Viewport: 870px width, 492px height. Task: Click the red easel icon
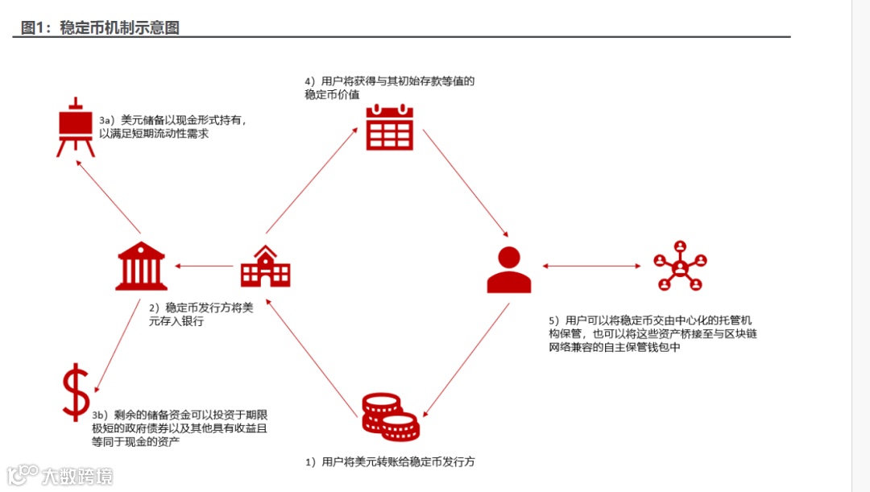[75, 127]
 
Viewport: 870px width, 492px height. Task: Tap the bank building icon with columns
[141, 266]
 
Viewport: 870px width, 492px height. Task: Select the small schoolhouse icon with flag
[265, 266]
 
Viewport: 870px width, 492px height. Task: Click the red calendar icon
[389, 128]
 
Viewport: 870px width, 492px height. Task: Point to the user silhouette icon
[509, 269]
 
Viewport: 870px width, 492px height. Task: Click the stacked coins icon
[390, 416]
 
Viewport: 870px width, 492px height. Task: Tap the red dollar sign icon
[76, 392]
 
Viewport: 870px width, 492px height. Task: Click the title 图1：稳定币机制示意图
[100, 28]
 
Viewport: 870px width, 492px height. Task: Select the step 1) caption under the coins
[389, 462]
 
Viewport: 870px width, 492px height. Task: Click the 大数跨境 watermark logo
[60, 475]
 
